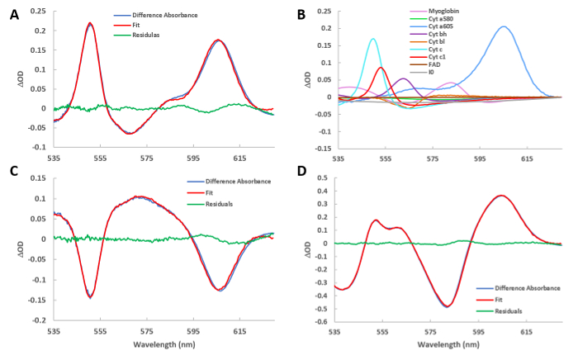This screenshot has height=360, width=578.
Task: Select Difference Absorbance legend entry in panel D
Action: tap(521, 287)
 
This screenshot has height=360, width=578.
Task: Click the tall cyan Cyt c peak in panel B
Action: tap(373, 39)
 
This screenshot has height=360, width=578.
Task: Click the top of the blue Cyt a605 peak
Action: tap(504, 26)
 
